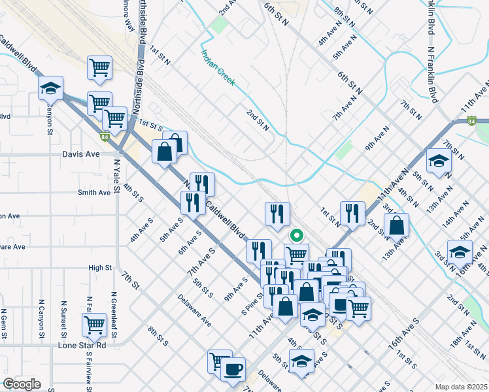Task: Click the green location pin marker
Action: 296,235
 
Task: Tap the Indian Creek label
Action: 218,69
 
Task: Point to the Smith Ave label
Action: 94,193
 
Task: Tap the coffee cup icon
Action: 233,369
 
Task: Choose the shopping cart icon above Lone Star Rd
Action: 95,323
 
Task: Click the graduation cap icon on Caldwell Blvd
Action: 50,88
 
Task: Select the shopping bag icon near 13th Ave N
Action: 396,225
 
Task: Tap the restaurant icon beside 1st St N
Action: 352,212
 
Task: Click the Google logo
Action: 21,384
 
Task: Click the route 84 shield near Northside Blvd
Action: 105,137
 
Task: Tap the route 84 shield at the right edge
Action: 472,120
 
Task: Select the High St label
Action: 100,268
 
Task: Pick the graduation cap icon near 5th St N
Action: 439,160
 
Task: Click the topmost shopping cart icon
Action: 99,67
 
